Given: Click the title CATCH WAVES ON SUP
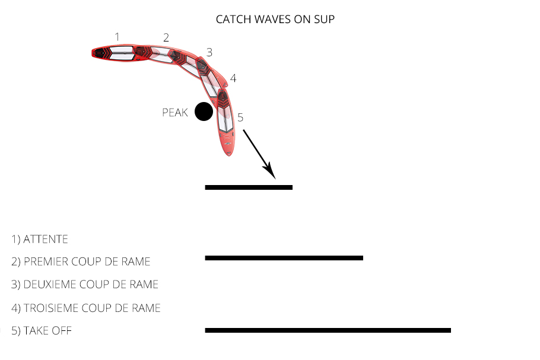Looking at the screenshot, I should point(275,20).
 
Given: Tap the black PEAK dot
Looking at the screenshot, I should point(204,111).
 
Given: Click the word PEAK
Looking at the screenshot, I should point(175,112).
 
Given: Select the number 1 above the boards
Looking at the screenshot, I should point(117,37).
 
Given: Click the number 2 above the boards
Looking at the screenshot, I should point(166,37).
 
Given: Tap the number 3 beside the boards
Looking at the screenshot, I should point(209,52).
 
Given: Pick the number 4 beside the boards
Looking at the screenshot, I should point(233,78).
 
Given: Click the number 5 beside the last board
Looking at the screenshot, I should point(240,117).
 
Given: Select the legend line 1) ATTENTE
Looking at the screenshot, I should point(40,240).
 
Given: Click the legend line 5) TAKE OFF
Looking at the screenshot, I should point(42,330).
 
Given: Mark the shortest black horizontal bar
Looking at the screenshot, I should point(249,187).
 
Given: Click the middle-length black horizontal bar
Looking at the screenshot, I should point(284,258).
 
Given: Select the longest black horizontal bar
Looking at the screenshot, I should point(328,330).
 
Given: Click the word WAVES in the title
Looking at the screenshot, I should point(269,20).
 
